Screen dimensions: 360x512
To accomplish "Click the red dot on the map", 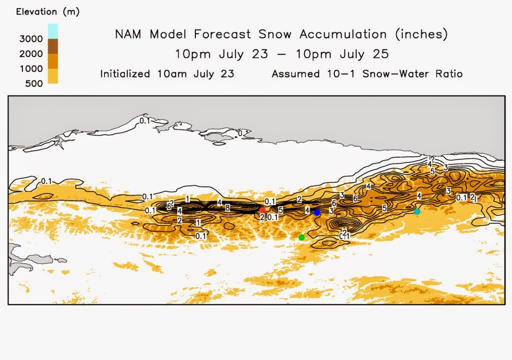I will (262, 210).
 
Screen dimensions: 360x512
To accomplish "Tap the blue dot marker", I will (317, 212).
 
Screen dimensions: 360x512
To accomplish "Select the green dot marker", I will (301, 237).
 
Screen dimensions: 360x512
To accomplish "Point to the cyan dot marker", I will (417, 211).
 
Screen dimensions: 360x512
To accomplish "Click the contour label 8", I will (227, 207).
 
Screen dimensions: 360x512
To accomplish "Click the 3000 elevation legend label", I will (30, 38).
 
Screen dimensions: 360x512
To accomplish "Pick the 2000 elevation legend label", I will (30, 53).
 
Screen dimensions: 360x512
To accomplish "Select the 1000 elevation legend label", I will (30, 68).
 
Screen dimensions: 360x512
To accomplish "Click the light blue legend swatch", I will (52, 30).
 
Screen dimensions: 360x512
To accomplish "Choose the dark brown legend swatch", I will (52, 46).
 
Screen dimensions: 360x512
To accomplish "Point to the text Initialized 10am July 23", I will (167, 74).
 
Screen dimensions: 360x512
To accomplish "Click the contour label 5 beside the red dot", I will (280, 210).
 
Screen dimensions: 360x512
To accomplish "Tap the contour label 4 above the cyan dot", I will (419, 195).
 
